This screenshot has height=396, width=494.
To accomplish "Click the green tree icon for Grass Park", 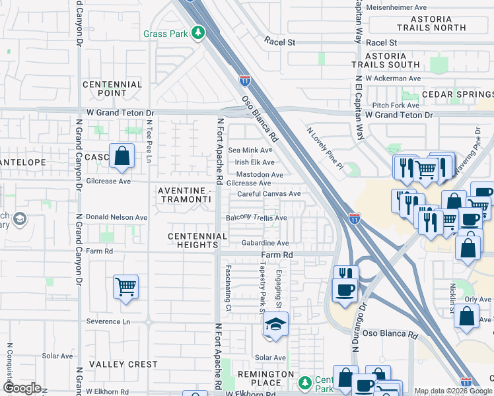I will (197, 33).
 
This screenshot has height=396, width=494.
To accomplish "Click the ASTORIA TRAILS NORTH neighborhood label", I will (431, 24).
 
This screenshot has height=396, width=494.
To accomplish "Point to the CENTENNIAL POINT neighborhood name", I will (112, 89).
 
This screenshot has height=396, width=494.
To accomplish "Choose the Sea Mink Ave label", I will (250, 150).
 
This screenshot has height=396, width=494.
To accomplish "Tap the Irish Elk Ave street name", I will (254, 162).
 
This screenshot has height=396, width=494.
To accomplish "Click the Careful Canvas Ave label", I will (269, 194).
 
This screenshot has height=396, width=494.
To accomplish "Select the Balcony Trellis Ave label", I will (256, 218).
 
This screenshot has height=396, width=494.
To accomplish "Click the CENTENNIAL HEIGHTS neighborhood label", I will (193, 240).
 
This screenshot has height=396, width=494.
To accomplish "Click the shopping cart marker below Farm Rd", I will (125, 288).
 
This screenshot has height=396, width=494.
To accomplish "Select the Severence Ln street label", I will (108, 321).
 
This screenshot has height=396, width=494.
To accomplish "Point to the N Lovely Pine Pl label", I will (325, 148).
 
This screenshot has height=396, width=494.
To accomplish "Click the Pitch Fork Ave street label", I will (396, 105).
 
